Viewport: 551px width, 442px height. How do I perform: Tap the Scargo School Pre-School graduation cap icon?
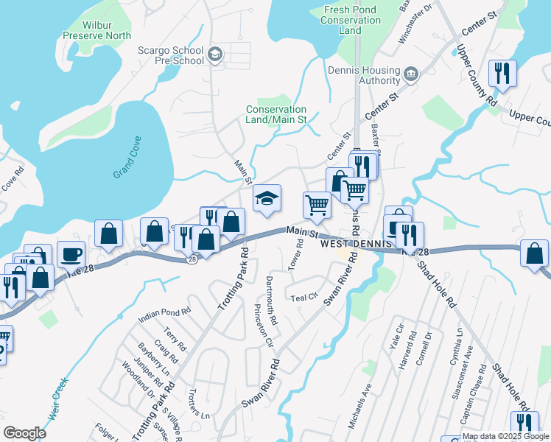(215, 53)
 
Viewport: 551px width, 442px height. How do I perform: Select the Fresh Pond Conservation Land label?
(350, 20)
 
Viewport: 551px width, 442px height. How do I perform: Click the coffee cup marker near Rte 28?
(71, 254)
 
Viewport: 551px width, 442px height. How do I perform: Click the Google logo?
(24, 433)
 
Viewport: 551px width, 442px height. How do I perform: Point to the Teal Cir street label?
(303, 298)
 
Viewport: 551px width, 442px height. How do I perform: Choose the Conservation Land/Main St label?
(275, 114)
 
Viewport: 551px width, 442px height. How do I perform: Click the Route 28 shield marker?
(192, 259)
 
